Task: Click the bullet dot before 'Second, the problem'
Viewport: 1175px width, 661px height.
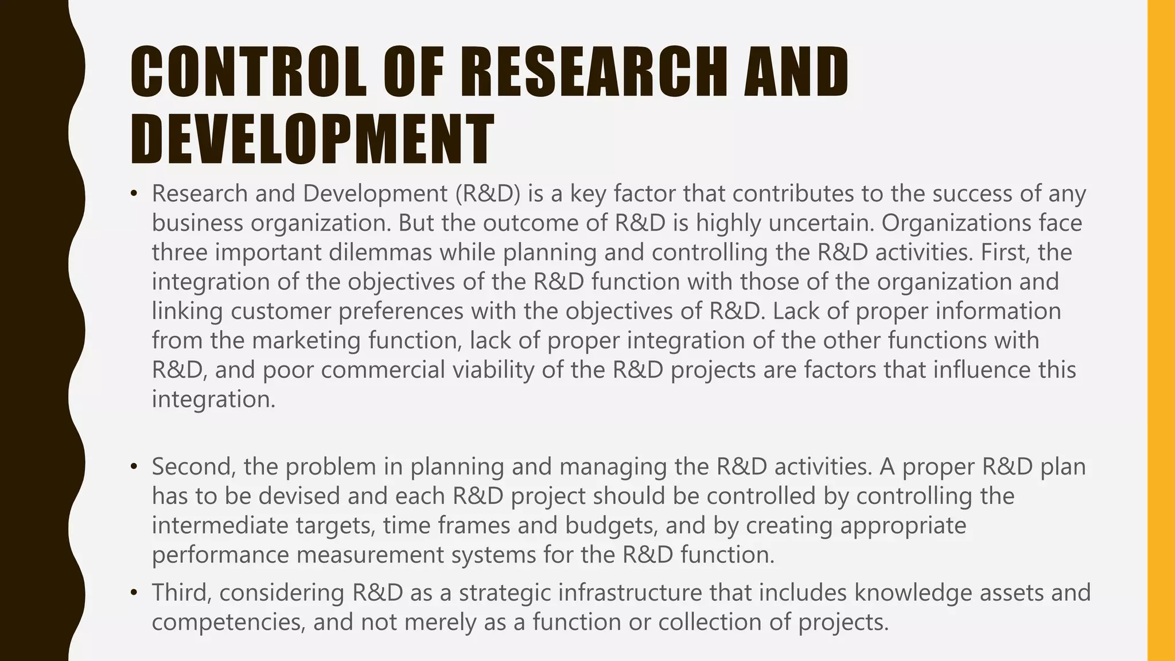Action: (x=134, y=467)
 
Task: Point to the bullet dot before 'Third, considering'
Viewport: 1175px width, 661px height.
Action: (x=134, y=593)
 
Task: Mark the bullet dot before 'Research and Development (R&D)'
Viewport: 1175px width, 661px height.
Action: (x=134, y=194)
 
